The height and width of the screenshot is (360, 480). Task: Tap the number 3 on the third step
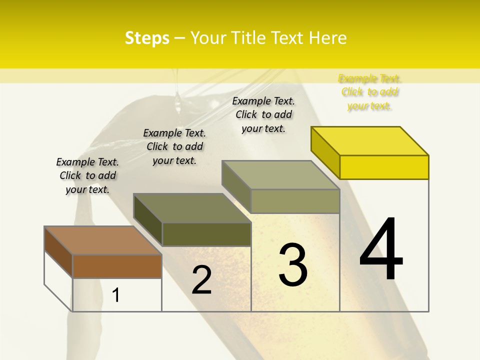pos(292,264)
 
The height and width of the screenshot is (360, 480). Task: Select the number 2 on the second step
pos(201,280)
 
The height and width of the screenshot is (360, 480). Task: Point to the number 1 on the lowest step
pos(116,295)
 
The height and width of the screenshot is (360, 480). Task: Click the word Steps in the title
pos(147,38)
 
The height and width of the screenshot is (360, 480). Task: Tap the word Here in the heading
pos(328,38)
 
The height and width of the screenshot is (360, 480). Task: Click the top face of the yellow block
pos(370,141)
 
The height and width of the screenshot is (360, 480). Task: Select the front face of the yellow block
pos(384,167)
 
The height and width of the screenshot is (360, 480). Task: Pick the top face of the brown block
pos(103,240)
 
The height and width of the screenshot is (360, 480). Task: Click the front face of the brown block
pos(117,266)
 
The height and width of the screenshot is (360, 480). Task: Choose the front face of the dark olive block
pos(206,234)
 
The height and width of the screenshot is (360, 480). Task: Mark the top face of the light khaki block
pos(281,175)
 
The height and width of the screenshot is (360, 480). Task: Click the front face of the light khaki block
pos(295,201)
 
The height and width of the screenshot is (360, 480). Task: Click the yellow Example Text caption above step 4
pos(369,92)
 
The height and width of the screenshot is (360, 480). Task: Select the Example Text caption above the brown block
pos(87,175)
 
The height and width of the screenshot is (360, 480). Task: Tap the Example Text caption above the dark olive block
pos(174,146)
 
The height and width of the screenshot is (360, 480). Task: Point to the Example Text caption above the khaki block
pos(263,114)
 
